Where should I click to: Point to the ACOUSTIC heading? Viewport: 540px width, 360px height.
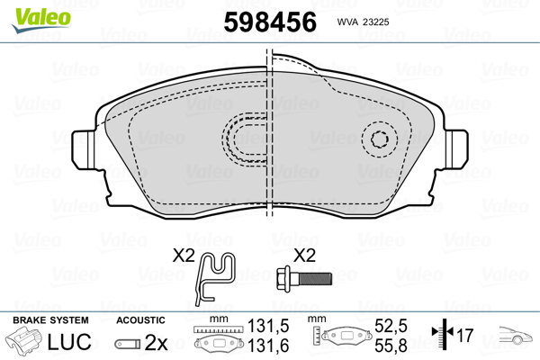[x=140, y=320]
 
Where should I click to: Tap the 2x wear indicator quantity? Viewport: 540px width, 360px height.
[x=157, y=342]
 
